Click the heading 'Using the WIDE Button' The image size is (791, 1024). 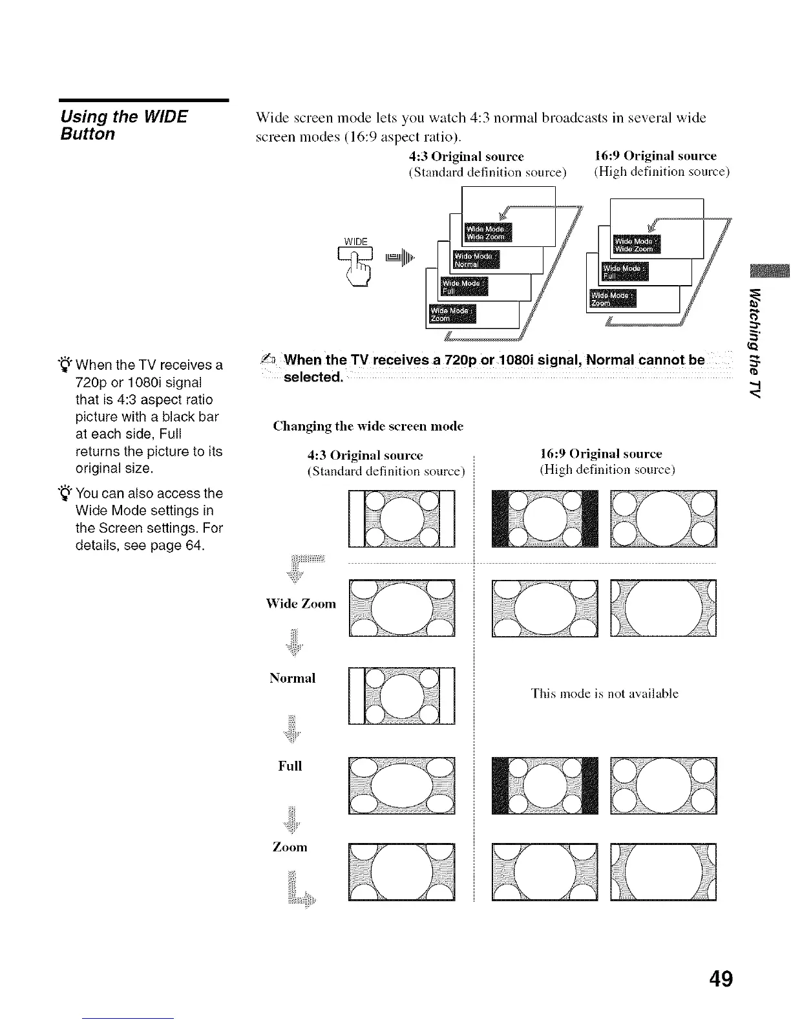(123, 125)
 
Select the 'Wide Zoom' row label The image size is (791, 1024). (301, 604)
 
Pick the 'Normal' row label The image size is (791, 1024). (292, 678)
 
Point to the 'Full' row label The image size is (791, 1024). (290, 766)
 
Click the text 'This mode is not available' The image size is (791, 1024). (604, 694)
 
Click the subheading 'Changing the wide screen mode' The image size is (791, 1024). (368, 426)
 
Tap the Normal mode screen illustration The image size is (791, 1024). (401, 696)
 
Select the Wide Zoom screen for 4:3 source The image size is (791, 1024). (401, 608)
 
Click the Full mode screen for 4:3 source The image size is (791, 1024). (401, 784)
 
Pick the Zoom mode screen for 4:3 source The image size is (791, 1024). (401, 872)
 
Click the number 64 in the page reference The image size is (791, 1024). (195, 546)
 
